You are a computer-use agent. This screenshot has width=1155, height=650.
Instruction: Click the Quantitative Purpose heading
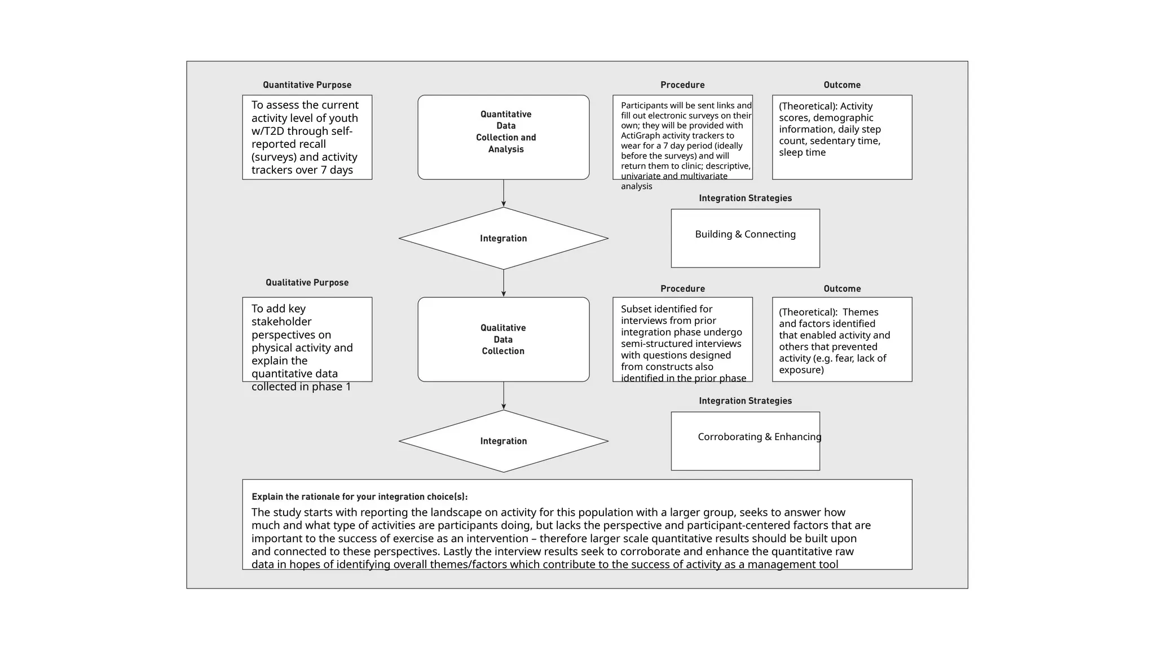[307, 85]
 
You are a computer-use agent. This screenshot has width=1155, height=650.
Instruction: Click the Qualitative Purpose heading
[307, 283]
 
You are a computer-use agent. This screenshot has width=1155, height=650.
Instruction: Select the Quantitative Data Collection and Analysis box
[503, 137]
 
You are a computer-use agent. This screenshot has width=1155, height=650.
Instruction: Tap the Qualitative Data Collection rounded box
[503, 339]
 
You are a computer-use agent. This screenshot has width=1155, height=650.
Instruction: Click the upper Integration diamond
[503, 238]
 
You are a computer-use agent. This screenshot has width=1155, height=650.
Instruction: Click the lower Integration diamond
[503, 441]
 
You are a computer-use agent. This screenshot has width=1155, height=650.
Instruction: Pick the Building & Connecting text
[745, 234]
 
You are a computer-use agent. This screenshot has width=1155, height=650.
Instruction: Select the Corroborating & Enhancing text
[759, 437]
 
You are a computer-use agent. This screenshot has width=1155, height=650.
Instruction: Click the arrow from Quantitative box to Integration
[503, 194]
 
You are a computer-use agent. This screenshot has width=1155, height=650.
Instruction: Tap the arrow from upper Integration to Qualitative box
[503, 283]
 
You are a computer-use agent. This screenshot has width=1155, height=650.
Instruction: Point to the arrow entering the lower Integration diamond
[503, 396]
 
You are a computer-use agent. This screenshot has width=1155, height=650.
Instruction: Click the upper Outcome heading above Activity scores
[841, 85]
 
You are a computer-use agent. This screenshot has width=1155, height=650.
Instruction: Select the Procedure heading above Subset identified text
[682, 288]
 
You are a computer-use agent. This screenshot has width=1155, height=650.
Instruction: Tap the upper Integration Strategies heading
[745, 198]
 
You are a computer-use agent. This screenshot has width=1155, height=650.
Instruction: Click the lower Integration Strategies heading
[745, 401]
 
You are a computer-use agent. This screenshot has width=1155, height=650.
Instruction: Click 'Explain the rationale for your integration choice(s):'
[359, 497]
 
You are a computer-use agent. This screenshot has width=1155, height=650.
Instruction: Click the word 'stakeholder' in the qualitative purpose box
[281, 322]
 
